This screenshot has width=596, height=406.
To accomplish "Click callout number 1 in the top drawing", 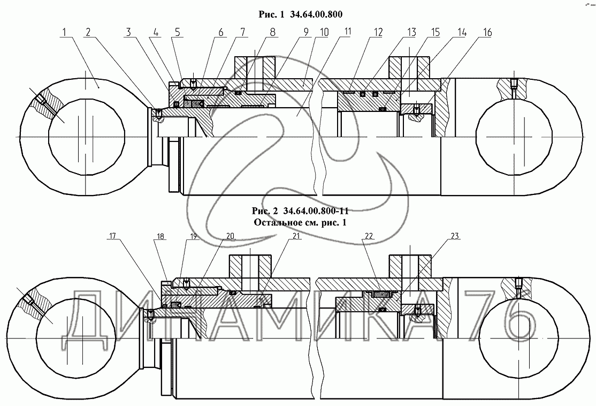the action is coord(65,33).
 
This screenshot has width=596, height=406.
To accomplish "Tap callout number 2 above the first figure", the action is coord(88,33).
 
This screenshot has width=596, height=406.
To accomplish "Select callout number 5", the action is coord(178,33).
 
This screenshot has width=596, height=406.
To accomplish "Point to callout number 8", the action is coord(272,33).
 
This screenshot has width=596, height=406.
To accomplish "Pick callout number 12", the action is coord(378,33).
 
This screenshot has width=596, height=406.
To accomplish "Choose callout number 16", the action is coord(487,33).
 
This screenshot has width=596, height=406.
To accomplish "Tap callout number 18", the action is coord(161,236).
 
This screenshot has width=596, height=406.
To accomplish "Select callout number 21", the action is coord(296,236).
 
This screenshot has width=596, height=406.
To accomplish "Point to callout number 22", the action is coord(368,236).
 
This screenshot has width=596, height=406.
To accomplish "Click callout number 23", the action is coord(455,236).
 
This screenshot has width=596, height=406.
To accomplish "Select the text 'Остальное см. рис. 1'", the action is coord(300,223).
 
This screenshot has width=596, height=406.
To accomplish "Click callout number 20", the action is coord(231,236).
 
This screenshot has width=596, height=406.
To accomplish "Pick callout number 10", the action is coord(324,32).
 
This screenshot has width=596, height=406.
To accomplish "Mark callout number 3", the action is coord(129,33).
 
